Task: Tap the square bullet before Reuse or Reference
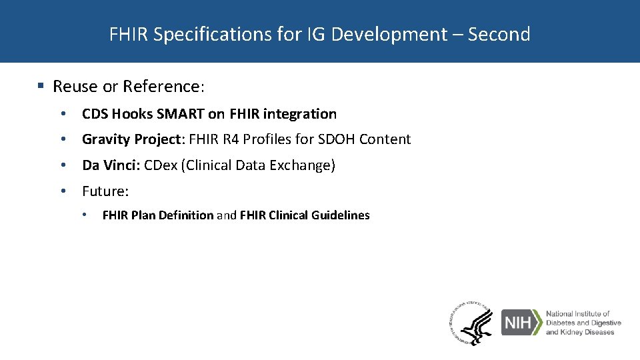click(x=41, y=87)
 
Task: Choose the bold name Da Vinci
click(x=110, y=165)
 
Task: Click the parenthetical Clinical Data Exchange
click(x=258, y=165)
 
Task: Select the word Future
click(x=104, y=191)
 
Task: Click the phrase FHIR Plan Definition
click(x=157, y=215)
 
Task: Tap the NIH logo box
click(x=521, y=323)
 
